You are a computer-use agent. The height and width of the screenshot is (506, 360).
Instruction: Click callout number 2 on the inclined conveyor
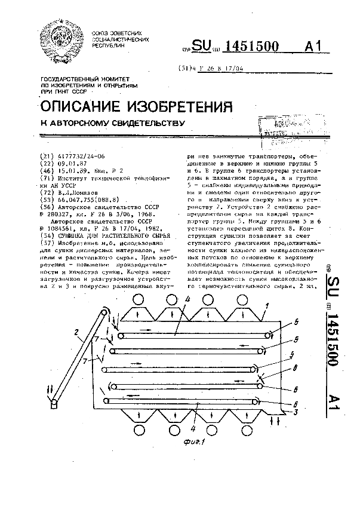76,333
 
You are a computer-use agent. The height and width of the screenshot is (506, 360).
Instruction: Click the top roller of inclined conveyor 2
106,315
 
